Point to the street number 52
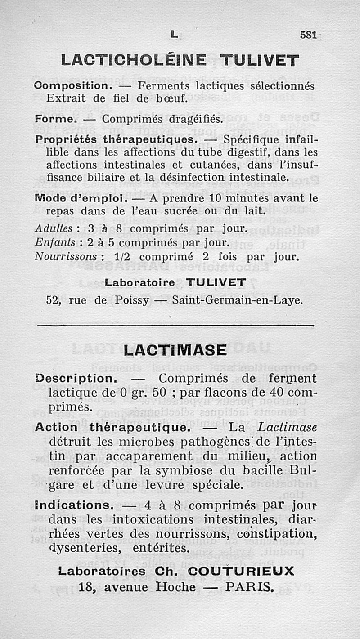coord(54,300)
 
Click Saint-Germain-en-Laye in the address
coord(237,300)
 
